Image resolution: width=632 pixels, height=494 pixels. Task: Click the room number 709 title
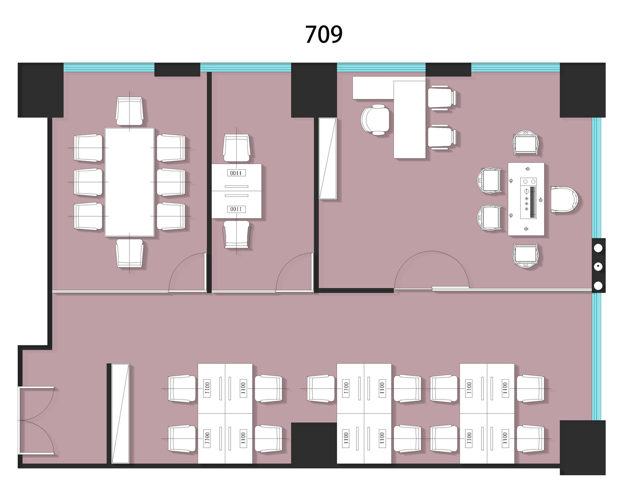tap(324, 34)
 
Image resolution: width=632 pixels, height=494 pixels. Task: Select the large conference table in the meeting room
tap(129, 182)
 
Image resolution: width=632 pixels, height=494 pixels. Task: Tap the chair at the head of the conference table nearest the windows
tap(129, 111)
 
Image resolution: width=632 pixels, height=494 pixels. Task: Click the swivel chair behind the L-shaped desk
tap(375, 119)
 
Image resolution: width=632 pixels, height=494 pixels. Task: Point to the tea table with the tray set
tap(526, 199)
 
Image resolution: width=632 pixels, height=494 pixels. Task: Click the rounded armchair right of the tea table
tap(564, 199)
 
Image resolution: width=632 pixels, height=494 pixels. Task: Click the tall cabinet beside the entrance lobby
tap(120, 413)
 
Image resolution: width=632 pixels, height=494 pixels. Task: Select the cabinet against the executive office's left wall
tap(328, 158)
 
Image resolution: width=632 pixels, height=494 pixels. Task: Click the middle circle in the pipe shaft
tap(598, 267)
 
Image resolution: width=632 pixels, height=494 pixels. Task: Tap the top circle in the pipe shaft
tap(598, 248)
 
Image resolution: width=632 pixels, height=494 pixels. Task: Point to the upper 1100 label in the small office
tap(236, 173)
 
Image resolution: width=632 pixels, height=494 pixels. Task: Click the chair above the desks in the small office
tap(236, 148)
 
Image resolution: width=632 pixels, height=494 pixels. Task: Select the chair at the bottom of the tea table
tap(526, 255)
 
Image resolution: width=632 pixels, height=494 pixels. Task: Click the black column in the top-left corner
tap(41, 90)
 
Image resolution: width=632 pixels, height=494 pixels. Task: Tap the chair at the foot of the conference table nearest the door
tap(129, 253)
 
